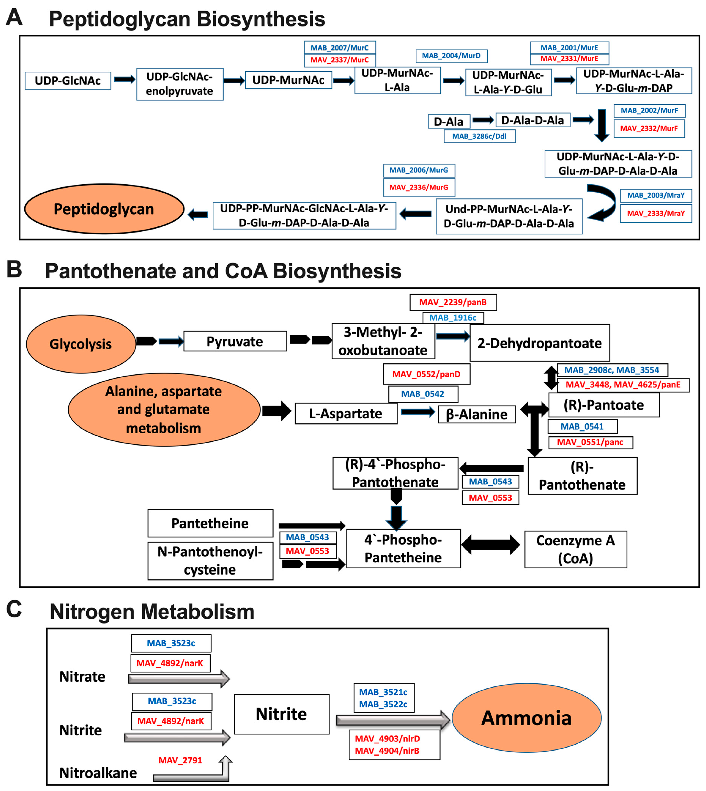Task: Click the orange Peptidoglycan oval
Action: coord(104,209)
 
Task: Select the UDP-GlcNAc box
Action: coord(68,81)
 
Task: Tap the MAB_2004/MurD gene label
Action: coord(451,56)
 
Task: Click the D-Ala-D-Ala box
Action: coord(533,120)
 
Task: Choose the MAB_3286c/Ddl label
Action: coord(479,136)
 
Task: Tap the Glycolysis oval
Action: coord(81,344)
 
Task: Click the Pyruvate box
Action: coord(235,341)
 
